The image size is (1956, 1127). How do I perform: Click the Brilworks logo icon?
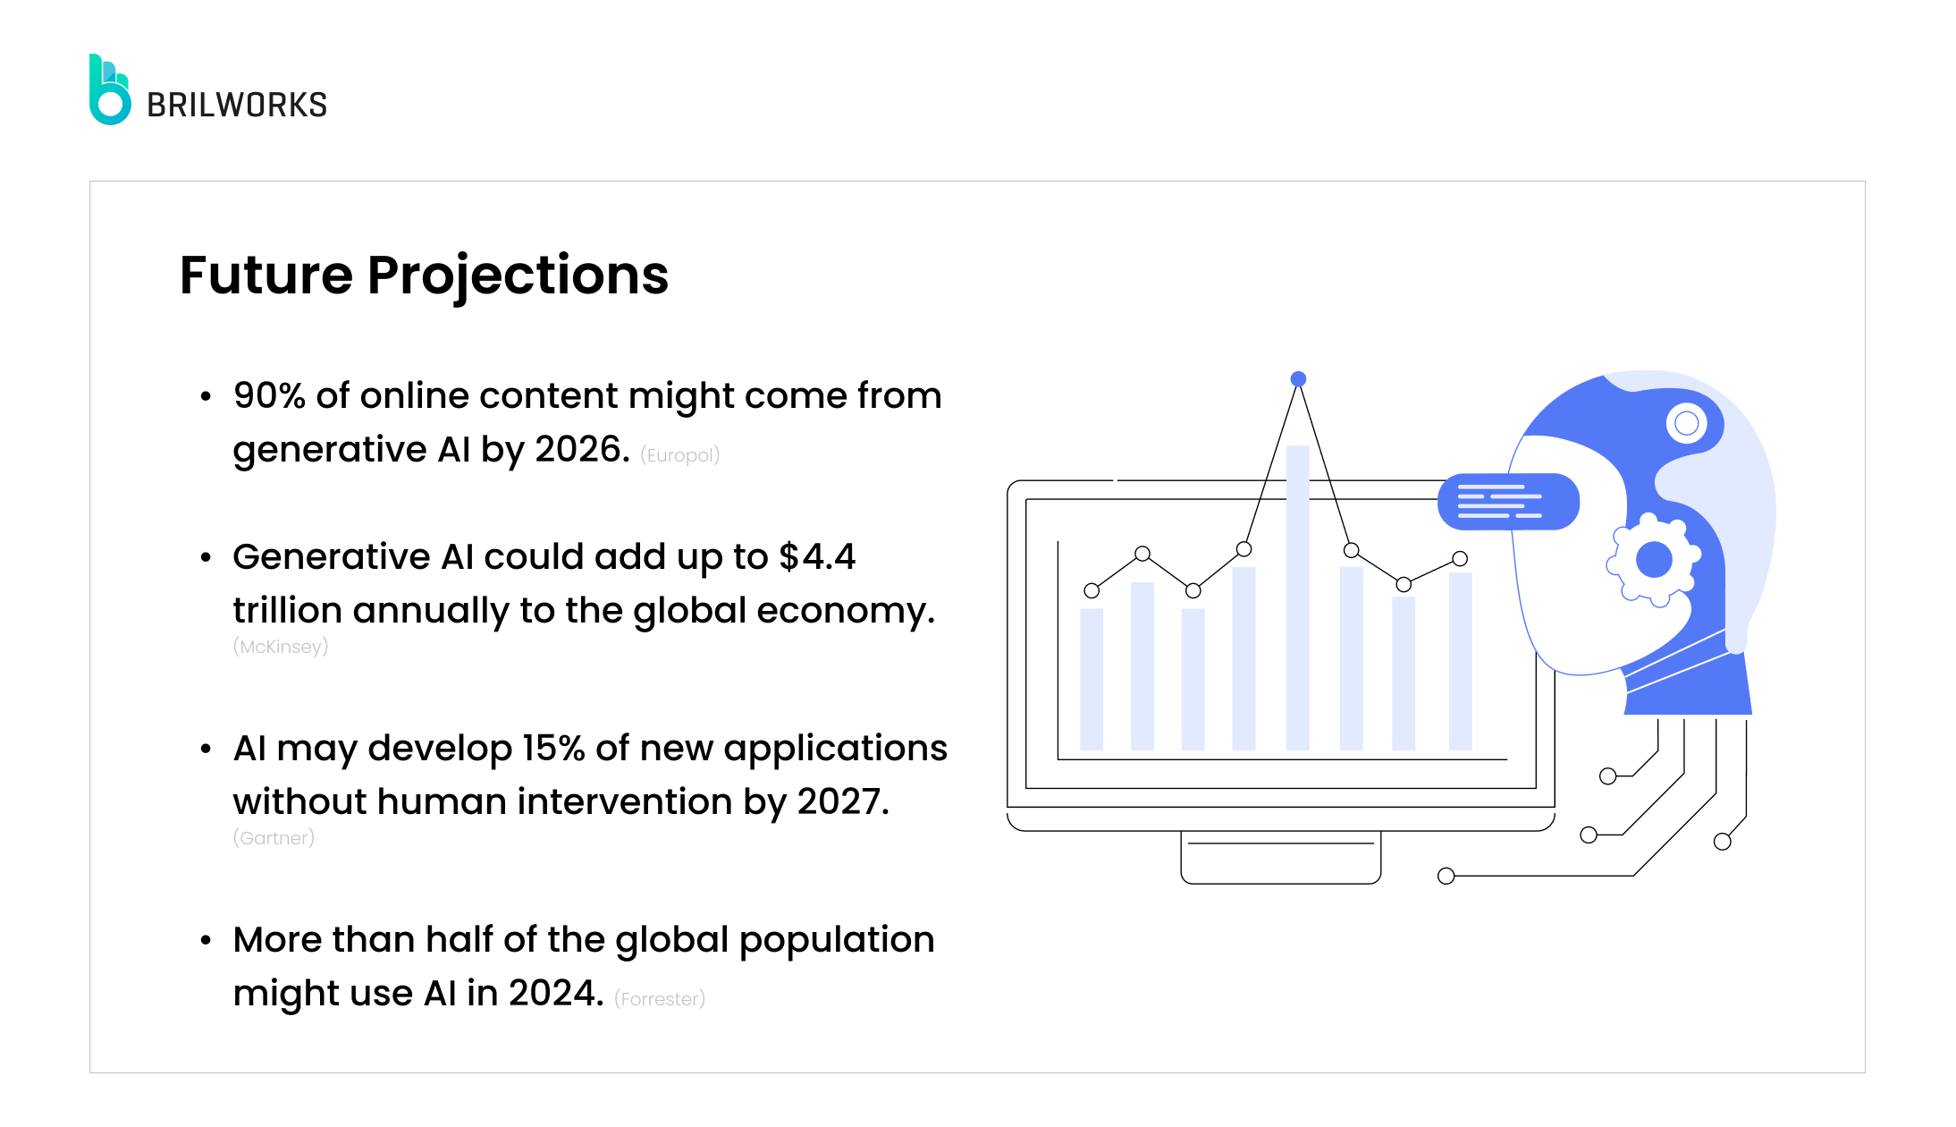coord(110,90)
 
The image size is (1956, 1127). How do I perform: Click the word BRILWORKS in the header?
coord(237,106)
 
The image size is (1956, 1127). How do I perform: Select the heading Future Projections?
coord(424,275)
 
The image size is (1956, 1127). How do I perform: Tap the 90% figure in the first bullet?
coord(269,395)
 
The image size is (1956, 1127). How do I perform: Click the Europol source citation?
coord(679,455)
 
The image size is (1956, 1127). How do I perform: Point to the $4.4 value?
coord(817,556)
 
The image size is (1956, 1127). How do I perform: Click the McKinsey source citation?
coord(281,647)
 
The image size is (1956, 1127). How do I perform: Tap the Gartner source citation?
coord(274,838)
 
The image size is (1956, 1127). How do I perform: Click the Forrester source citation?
coord(660,999)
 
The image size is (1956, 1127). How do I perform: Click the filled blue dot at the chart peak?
coord(1298,379)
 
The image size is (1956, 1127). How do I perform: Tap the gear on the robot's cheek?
coord(1653,560)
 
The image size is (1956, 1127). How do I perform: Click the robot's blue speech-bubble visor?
coord(1508,502)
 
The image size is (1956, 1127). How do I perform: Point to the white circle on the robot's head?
coord(1686,423)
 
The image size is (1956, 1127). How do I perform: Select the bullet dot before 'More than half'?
coord(207,940)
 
